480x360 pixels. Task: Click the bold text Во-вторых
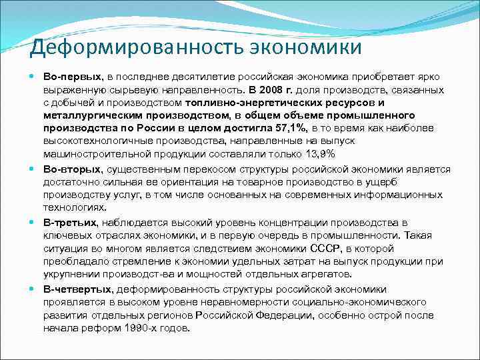[72, 169]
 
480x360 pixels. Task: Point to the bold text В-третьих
[71, 222]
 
